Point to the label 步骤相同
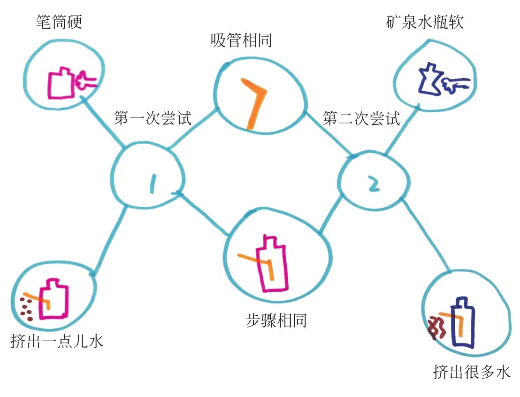click(x=276, y=321)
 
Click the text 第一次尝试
click(x=153, y=118)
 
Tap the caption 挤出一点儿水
click(x=57, y=341)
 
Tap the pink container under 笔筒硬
click(x=61, y=83)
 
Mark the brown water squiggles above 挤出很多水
click(x=437, y=327)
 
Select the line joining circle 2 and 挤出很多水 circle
click(x=427, y=234)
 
